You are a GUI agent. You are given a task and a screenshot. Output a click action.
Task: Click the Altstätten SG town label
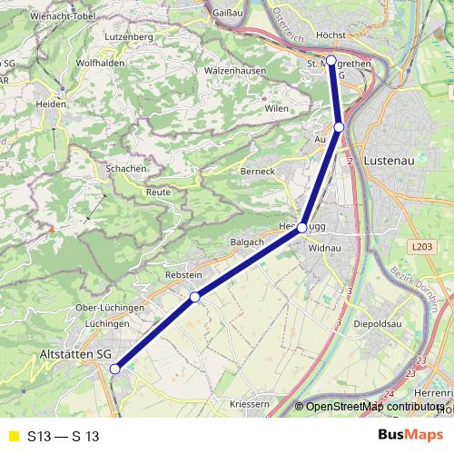(x=75, y=353)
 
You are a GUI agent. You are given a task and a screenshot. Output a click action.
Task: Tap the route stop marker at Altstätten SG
(x=115, y=369)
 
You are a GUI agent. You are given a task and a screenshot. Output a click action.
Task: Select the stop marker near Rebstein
(x=194, y=297)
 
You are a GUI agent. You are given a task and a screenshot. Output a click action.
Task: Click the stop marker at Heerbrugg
(x=301, y=228)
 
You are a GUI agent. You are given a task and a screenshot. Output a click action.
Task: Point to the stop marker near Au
(x=339, y=127)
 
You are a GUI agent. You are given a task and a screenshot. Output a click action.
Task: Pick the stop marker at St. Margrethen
(x=331, y=61)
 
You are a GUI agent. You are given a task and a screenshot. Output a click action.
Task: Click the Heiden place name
(x=51, y=104)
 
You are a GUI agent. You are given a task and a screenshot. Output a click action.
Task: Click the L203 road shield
(x=420, y=246)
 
